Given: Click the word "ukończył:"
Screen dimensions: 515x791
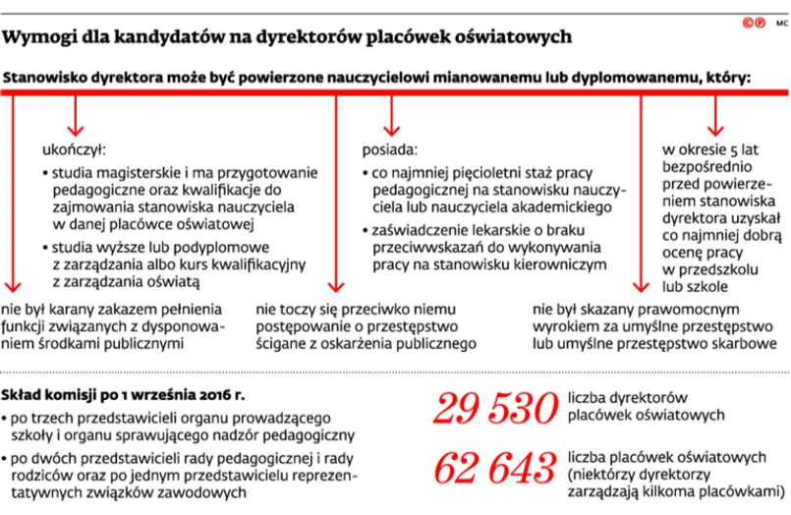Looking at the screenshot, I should click(x=73, y=150).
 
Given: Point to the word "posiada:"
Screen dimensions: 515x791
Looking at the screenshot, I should click(x=389, y=150).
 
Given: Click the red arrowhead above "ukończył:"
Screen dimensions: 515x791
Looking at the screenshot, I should click(x=73, y=130).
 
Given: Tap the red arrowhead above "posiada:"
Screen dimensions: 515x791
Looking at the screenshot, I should click(x=391, y=128).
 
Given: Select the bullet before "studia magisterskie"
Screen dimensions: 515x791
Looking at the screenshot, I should click(x=45, y=170).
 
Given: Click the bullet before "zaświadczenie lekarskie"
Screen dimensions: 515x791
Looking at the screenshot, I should click(x=366, y=231).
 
